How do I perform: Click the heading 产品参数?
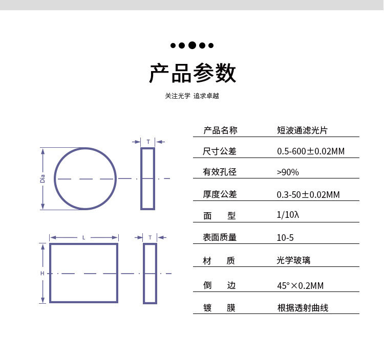(x=192, y=73)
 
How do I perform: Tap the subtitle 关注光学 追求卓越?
(x=191, y=96)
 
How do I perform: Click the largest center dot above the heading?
(x=192, y=45)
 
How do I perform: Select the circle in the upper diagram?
(x=85, y=178)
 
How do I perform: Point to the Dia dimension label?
(x=43, y=178)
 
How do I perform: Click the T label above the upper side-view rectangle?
(x=148, y=142)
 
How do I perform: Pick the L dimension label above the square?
(x=84, y=237)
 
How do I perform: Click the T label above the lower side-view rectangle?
(x=150, y=237)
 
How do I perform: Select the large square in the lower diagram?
(x=83, y=273)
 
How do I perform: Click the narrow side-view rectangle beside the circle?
(x=147, y=178)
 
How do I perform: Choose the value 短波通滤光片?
(x=302, y=130)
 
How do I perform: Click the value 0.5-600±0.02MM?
(x=310, y=151)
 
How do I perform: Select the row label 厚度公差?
(x=220, y=194)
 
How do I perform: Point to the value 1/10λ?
(x=287, y=215)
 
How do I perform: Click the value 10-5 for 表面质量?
(x=285, y=237)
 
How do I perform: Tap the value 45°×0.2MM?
(x=300, y=285)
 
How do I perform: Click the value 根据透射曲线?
(x=302, y=308)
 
